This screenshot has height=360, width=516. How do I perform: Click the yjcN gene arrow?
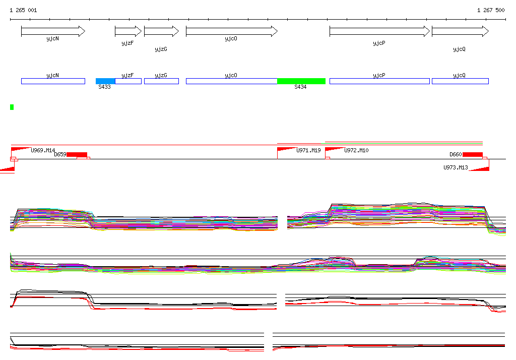(53, 31)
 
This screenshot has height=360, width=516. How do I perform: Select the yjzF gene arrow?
(128, 31)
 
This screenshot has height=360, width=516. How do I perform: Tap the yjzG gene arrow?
(161, 31)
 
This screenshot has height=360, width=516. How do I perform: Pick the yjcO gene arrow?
(231, 31)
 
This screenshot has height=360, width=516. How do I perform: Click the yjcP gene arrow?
(379, 31)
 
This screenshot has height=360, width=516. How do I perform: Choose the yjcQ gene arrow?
(460, 31)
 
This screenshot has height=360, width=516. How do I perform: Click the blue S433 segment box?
(105, 81)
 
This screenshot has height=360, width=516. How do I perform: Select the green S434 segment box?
(301, 81)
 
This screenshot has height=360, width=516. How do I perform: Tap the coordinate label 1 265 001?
(23, 10)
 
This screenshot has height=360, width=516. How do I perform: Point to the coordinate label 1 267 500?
(491, 10)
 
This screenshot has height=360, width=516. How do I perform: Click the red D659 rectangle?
(77, 154)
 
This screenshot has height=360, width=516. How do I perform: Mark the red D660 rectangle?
(472, 154)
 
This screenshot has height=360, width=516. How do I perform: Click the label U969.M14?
(43, 150)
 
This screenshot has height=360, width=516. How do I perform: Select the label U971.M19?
(308, 150)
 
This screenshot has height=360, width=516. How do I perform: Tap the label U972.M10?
(356, 150)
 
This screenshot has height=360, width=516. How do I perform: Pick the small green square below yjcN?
(12, 107)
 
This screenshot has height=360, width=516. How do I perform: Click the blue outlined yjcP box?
(379, 81)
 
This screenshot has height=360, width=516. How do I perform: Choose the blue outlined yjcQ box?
(460, 81)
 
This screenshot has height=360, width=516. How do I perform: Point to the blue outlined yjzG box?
(161, 81)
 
